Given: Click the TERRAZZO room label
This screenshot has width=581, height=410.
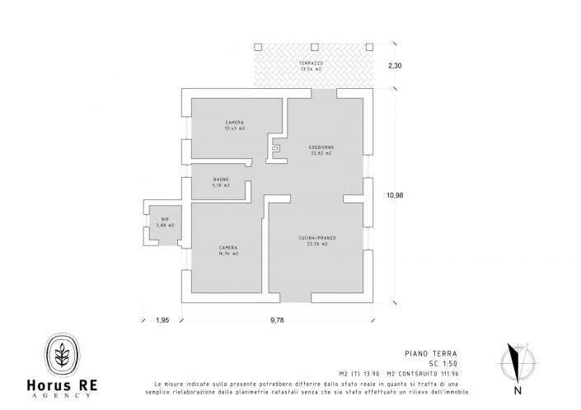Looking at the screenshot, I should (x=312, y=63).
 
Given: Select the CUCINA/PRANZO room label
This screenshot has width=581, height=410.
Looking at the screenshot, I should (x=317, y=238).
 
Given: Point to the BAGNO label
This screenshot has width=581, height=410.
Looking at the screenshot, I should (x=221, y=179).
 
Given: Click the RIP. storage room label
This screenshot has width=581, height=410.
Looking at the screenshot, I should (x=165, y=219).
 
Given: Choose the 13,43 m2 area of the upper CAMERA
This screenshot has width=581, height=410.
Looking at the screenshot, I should (x=234, y=128).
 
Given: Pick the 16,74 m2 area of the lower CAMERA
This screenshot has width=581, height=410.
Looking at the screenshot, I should (x=228, y=254).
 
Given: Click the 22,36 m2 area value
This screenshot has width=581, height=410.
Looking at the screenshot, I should (x=317, y=245).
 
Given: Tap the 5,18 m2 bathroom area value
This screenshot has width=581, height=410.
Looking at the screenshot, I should (x=221, y=185).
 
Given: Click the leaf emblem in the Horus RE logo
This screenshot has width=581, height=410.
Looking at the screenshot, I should (x=62, y=353).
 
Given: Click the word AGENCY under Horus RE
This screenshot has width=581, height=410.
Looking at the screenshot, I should (x=63, y=395).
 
